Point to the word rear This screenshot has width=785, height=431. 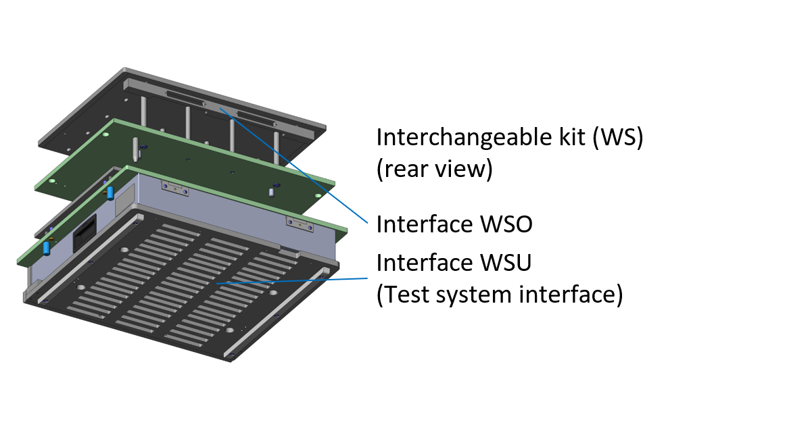[404, 170]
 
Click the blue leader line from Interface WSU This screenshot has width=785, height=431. [291, 281]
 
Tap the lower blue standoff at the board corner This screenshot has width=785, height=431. [47, 247]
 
